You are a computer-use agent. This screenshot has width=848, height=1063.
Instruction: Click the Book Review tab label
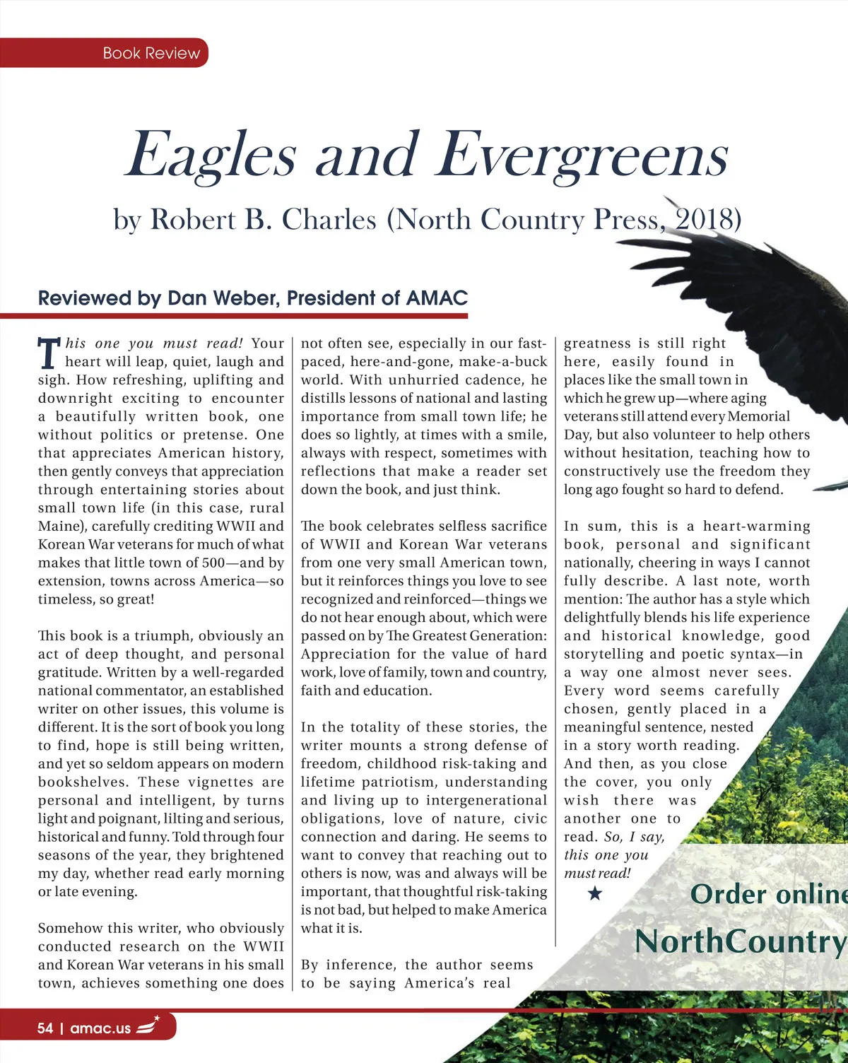click(151, 53)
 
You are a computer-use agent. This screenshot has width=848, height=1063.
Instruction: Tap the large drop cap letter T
click(48, 353)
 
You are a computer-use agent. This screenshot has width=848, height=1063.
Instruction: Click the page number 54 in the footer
click(45, 1028)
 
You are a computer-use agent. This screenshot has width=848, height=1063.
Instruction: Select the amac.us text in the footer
click(100, 1028)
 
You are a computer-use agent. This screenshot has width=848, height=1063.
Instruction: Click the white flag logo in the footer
click(148, 1026)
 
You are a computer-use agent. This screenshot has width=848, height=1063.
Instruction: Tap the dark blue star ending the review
click(595, 894)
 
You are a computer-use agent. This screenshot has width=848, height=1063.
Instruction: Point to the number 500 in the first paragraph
click(211, 563)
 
